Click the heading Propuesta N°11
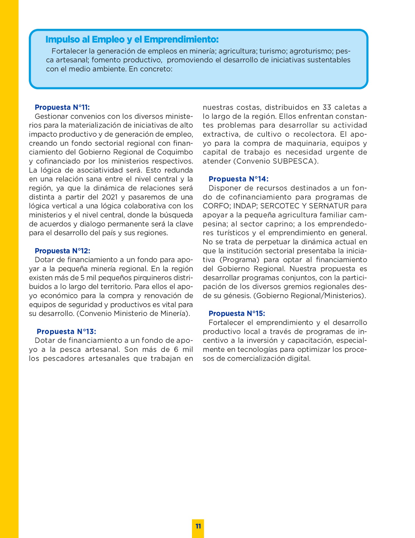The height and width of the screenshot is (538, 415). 62,107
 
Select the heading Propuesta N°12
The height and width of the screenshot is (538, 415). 62,251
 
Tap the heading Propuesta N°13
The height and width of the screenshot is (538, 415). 66,331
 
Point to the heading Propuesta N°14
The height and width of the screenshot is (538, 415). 238,179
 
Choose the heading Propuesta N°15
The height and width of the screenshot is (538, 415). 237,314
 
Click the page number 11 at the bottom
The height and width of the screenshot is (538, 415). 198,526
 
